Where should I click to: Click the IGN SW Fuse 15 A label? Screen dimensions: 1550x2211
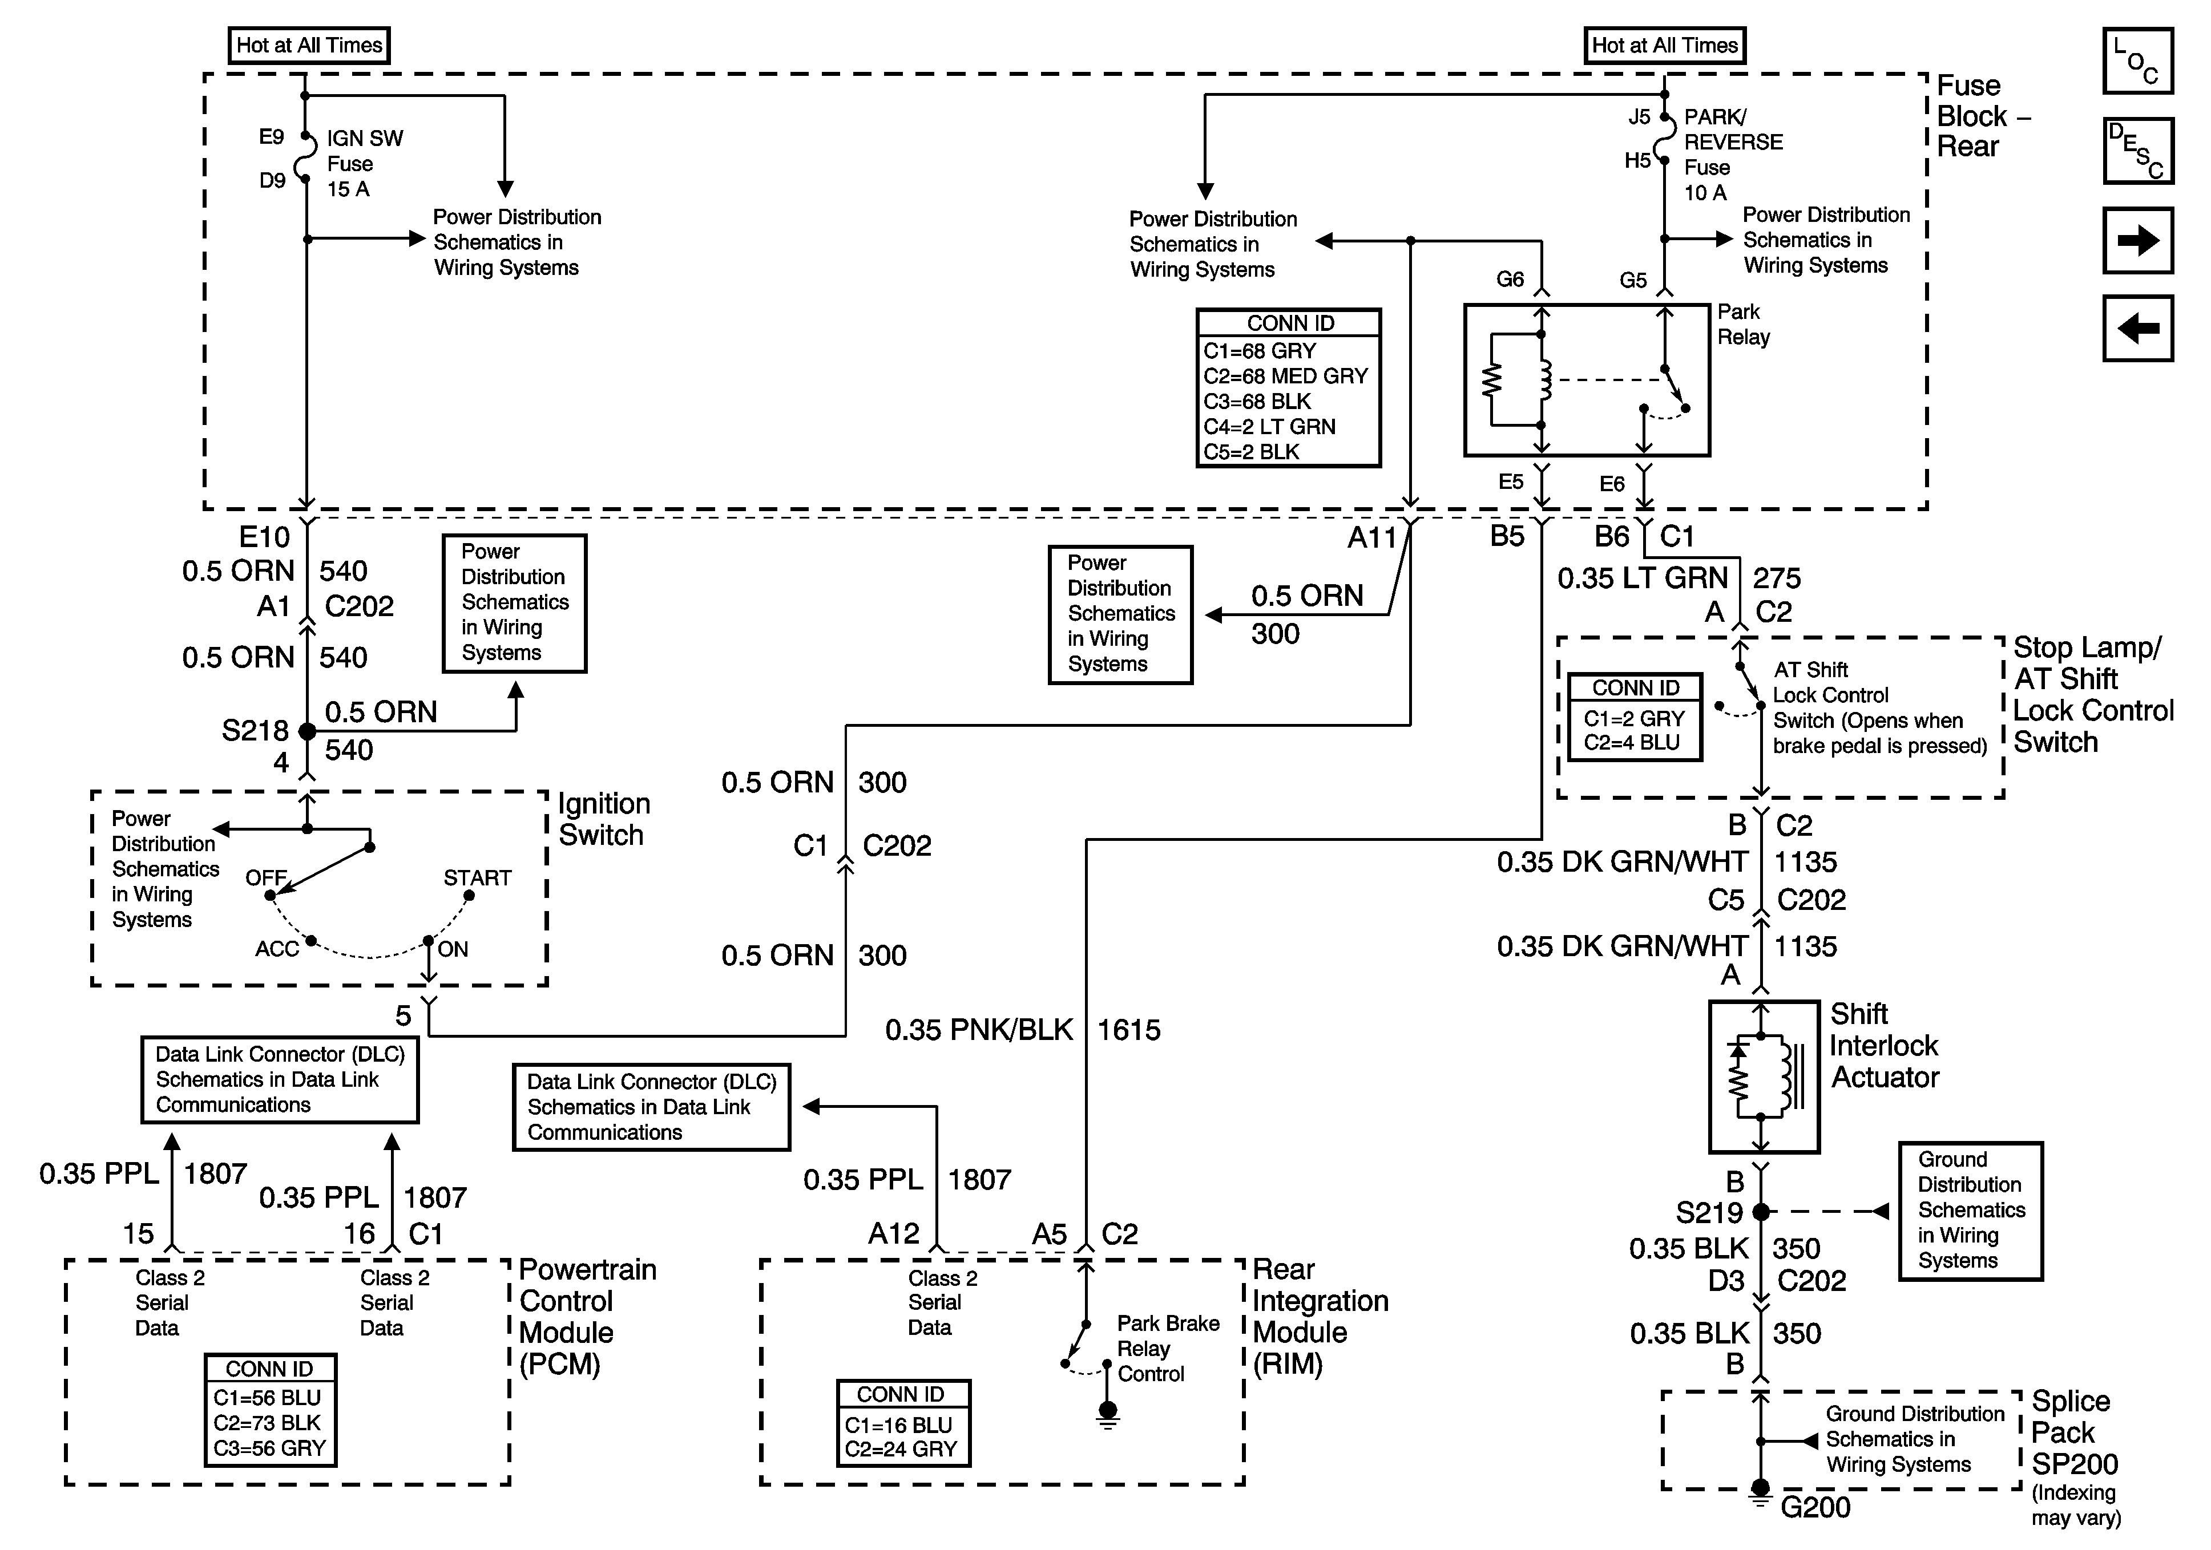[x=364, y=164]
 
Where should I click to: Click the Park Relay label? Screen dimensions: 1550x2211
[x=1743, y=325]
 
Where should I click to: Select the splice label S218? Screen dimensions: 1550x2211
[x=255, y=731]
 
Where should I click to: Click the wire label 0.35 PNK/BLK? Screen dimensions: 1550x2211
[x=978, y=1030]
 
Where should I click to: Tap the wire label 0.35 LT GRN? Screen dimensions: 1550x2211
[x=1642, y=578]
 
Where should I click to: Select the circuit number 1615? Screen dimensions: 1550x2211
[x=1128, y=1030]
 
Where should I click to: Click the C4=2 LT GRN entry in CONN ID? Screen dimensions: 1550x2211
[x=1269, y=427]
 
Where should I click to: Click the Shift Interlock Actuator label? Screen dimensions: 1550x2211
[x=1883, y=1046]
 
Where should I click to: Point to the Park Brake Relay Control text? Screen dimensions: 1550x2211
[x=1167, y=1349]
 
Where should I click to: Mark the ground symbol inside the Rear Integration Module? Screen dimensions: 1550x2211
[x=1107, y=1413]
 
